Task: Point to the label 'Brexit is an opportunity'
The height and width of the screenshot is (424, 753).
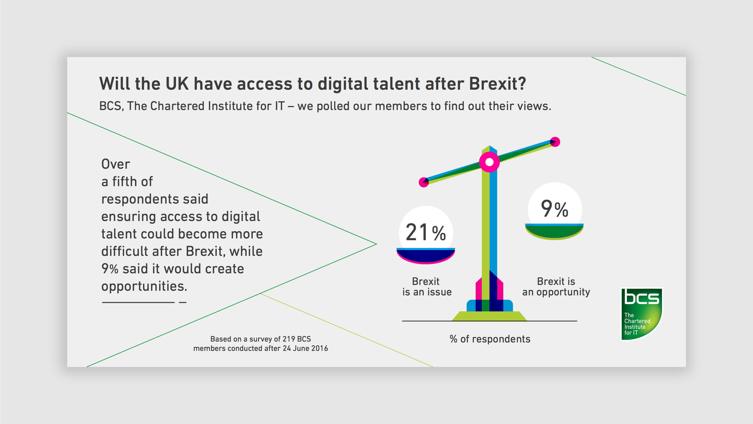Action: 556,287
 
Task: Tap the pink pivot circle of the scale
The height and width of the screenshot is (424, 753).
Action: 489,162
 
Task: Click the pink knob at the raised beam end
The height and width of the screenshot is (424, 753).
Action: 555,142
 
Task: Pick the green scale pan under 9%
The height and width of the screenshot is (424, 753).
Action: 554,231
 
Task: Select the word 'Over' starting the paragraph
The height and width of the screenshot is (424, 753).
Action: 115,164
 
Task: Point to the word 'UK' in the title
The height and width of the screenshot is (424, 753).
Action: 177,84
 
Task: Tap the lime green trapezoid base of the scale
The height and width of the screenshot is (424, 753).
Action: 489,316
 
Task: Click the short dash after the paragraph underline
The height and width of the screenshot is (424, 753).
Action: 183,302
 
